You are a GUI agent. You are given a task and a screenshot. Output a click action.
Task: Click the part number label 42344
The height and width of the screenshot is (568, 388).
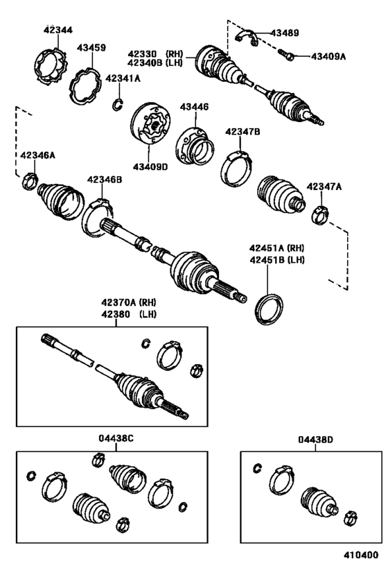(58, 30)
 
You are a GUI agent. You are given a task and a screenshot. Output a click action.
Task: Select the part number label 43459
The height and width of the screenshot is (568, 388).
(91, 48)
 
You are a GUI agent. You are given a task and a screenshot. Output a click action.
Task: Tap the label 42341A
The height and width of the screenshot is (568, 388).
(123, 78)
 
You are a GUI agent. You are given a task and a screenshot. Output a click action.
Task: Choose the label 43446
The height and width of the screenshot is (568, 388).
(194, 107)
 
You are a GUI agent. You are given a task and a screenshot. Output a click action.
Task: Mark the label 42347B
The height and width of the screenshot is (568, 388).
(242, 131)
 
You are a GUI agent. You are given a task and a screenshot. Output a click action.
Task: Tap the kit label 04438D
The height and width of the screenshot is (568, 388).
(316, 438)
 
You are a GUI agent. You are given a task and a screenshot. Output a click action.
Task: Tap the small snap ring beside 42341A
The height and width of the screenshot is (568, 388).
(116, 105)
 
